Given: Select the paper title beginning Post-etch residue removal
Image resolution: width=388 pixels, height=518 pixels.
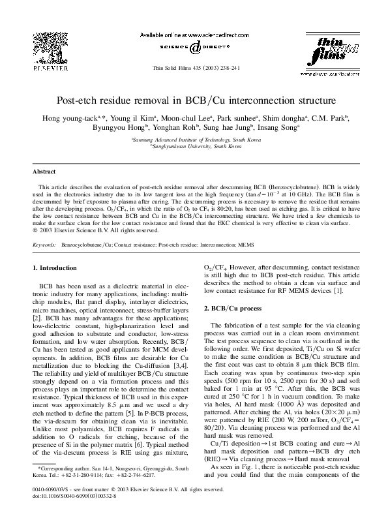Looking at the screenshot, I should (194, 101).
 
